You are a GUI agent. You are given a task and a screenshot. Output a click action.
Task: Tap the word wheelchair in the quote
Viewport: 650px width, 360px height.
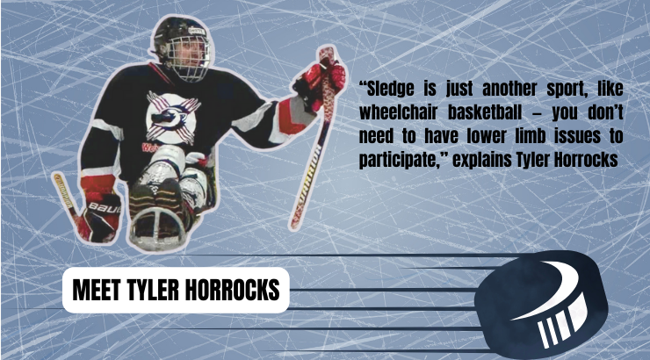399,112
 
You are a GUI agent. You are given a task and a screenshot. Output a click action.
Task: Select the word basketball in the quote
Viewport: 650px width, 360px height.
485,112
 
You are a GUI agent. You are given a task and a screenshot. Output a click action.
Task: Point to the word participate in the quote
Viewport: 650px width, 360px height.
400,161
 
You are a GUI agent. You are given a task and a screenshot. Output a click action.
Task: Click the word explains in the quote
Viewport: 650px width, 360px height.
481,161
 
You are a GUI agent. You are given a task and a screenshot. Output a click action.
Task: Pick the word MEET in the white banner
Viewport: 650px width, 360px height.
97,290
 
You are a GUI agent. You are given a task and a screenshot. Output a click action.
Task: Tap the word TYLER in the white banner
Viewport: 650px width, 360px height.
153,290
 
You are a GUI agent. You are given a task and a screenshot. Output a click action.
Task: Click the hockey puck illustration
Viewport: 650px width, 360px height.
541,304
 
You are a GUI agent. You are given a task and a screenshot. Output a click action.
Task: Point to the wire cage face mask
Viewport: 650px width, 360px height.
191,57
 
